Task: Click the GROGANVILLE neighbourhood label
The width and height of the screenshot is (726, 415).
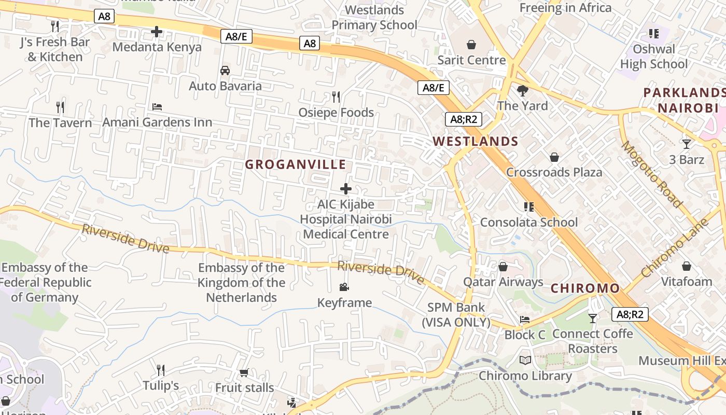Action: (x=295, y=164)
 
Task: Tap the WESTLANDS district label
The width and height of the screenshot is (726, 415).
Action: (x=476, y=141)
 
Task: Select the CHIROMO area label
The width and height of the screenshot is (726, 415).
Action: (x=585, y=288)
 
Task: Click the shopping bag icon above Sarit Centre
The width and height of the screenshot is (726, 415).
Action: (x=471, y=45)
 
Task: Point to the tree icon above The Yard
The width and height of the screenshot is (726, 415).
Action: (x=522, y=91)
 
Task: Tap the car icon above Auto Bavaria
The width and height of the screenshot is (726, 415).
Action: (x=225, y=71)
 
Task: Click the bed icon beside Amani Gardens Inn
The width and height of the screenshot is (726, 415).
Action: (x=157, y=107)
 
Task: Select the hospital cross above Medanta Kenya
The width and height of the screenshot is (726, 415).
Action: (x=157, y=32)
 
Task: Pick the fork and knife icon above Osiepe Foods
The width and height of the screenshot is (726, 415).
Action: (x=336, y=96)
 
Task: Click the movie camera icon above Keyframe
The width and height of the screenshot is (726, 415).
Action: (x=344, y=287)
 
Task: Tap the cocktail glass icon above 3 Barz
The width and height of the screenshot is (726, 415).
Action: (x=687, y=144)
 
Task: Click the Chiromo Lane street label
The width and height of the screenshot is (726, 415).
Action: (x=674, y=248)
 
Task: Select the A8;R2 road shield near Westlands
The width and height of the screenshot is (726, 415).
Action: (x=464, y=119)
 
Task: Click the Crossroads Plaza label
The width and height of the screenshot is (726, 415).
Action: (x=554, y=172)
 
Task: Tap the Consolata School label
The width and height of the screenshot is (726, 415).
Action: (x=528, y=222)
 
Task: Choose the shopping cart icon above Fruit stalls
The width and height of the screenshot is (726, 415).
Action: (x=244, y=372)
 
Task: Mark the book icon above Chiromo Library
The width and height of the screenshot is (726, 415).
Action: (x=525, y=360)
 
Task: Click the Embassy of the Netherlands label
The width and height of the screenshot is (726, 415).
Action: (x=241, y=283)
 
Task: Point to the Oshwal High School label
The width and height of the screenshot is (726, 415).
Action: (x=654, y=57)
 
